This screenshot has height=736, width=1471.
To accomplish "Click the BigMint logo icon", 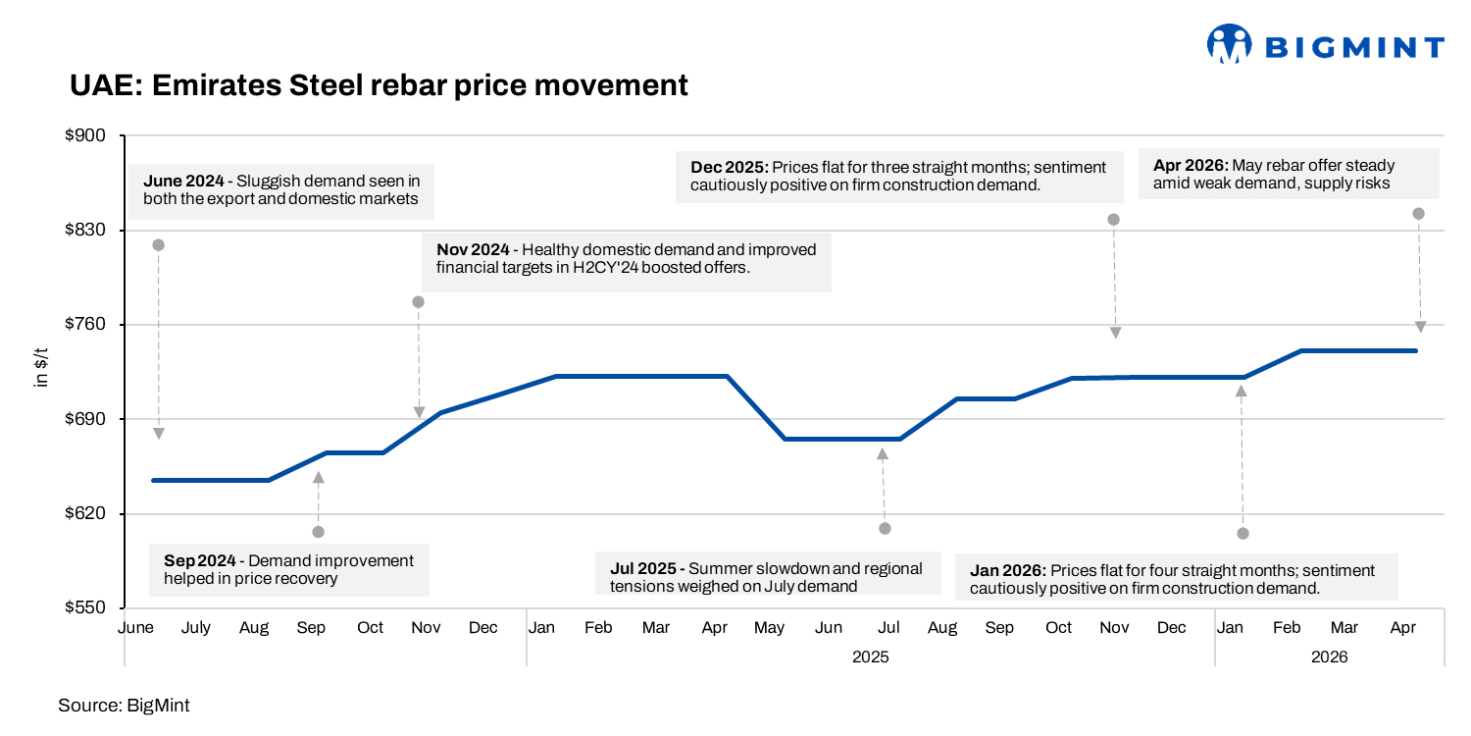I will pos(1230,45).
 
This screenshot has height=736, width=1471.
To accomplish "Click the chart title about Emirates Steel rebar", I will pos(379,85).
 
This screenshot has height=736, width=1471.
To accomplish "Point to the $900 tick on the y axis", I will pos(89,135).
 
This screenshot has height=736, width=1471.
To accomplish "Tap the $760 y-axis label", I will pos(89,325).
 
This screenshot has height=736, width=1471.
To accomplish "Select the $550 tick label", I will pos(89,608).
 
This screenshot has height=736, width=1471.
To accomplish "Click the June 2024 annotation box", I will pos(281,190).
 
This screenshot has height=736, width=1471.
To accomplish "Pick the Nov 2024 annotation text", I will pos(626,258).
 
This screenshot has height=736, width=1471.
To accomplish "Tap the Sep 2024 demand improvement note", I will pos(288,569).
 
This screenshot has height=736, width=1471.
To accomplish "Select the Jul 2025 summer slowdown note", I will pos(766,577).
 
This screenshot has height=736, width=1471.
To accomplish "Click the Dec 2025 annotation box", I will pos(897,176).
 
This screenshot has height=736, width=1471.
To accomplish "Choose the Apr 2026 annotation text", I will pos(1289,175).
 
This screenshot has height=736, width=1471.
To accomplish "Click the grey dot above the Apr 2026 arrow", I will pos(1418,214).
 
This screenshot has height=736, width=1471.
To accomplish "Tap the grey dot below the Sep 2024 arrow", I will pos(318,532).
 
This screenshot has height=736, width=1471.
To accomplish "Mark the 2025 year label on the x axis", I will pos(870,657).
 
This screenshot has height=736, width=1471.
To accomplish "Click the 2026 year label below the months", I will pos(1329,657).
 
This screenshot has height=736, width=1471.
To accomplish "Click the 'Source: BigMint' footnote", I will pos(124,705).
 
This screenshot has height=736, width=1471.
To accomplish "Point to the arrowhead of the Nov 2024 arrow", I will pos(419,413).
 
